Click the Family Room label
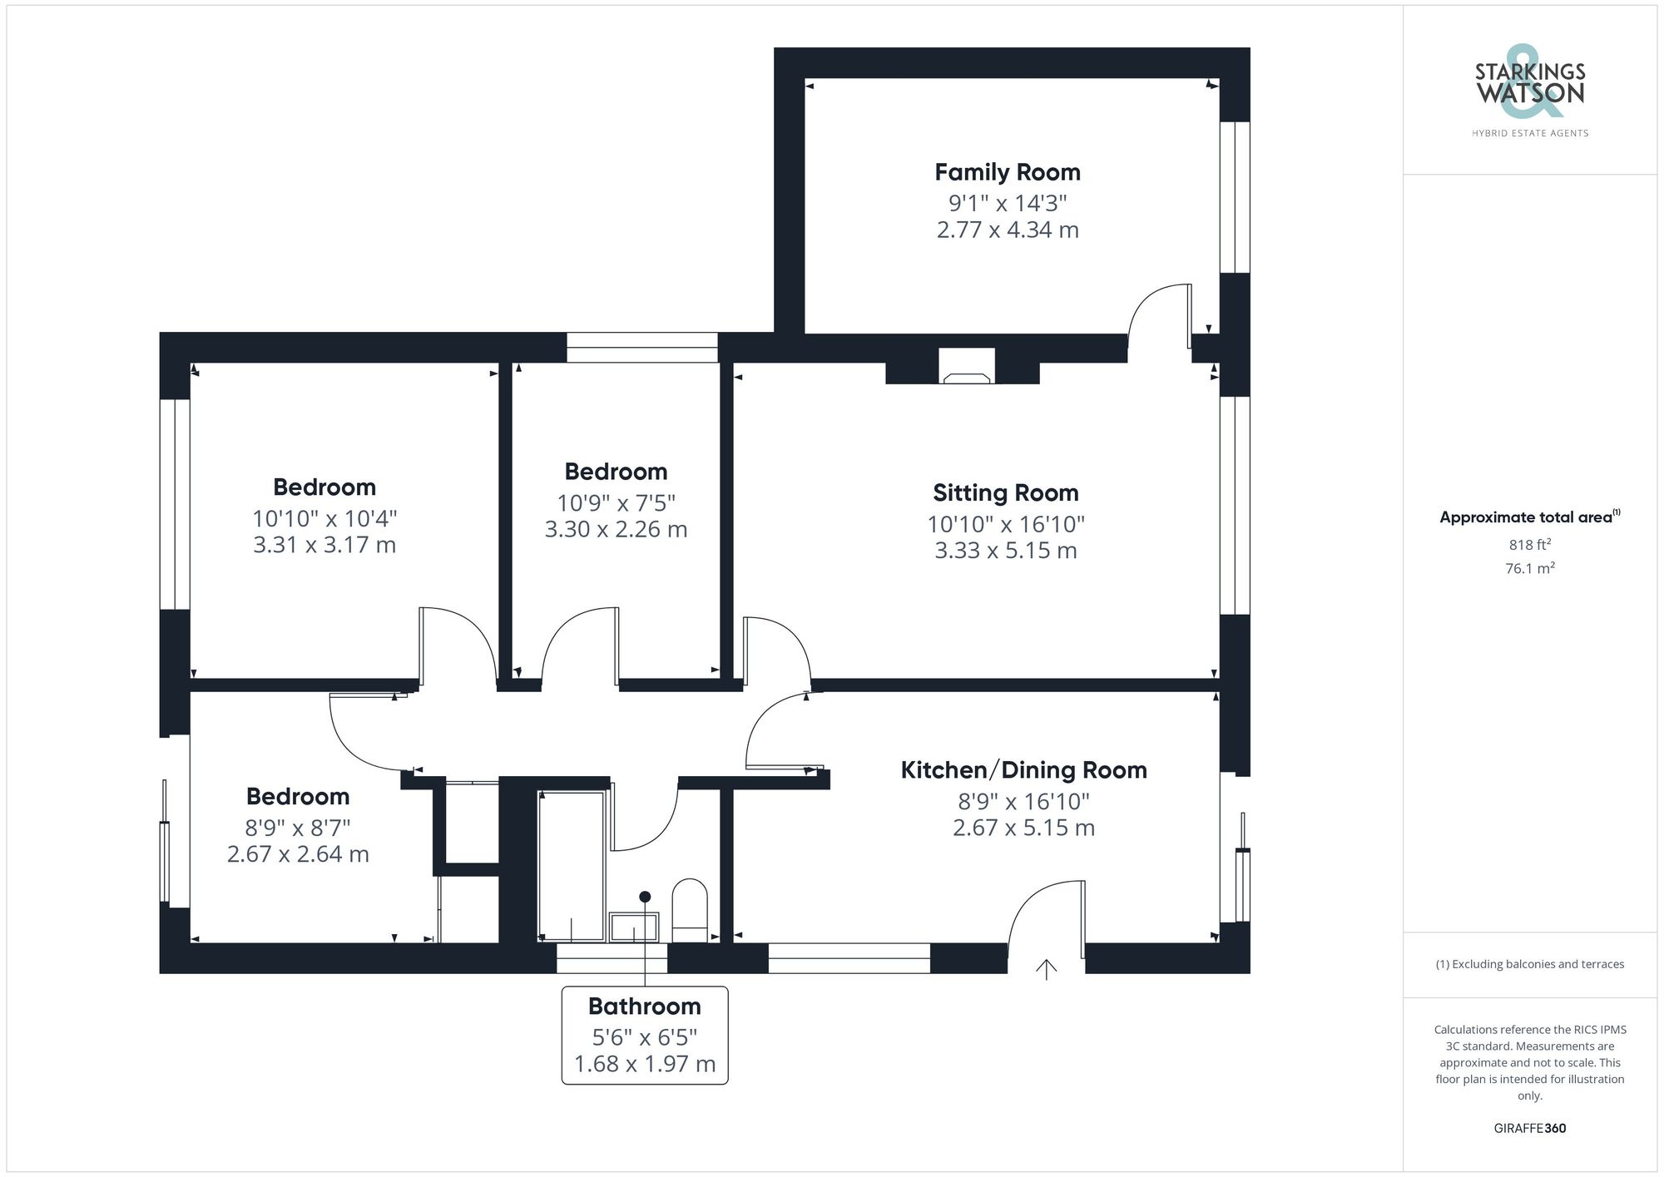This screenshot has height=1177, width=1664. (x=1007, y=172)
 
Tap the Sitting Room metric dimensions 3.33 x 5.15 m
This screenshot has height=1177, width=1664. (x=1005, y=551)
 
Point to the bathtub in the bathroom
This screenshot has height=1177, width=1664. (x=572, y=865)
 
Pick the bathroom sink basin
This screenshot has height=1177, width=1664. (x=634, y=927)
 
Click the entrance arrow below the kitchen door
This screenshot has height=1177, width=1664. (x=1046, y=969)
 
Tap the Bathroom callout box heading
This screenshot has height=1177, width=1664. (x=644, y=1006)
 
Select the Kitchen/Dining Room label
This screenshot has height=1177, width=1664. (x=1023, y=770)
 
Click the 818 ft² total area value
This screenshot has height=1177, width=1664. (x=1529, y=545)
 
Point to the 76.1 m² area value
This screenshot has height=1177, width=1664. (x=1529, y=569)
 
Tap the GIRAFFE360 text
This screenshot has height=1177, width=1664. (x=1529, y=1129)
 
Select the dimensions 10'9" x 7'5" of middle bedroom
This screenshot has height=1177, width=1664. (x=616, y=503)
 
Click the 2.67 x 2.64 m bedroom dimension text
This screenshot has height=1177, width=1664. (x=298, y=854)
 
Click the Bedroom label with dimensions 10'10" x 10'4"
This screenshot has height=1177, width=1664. (x=324, y=487)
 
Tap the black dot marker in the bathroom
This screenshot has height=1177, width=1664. (x=645, y=897)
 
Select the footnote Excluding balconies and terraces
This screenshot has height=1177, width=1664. (x=1529, y=965)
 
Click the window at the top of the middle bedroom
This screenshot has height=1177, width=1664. (x=641, y=347)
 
